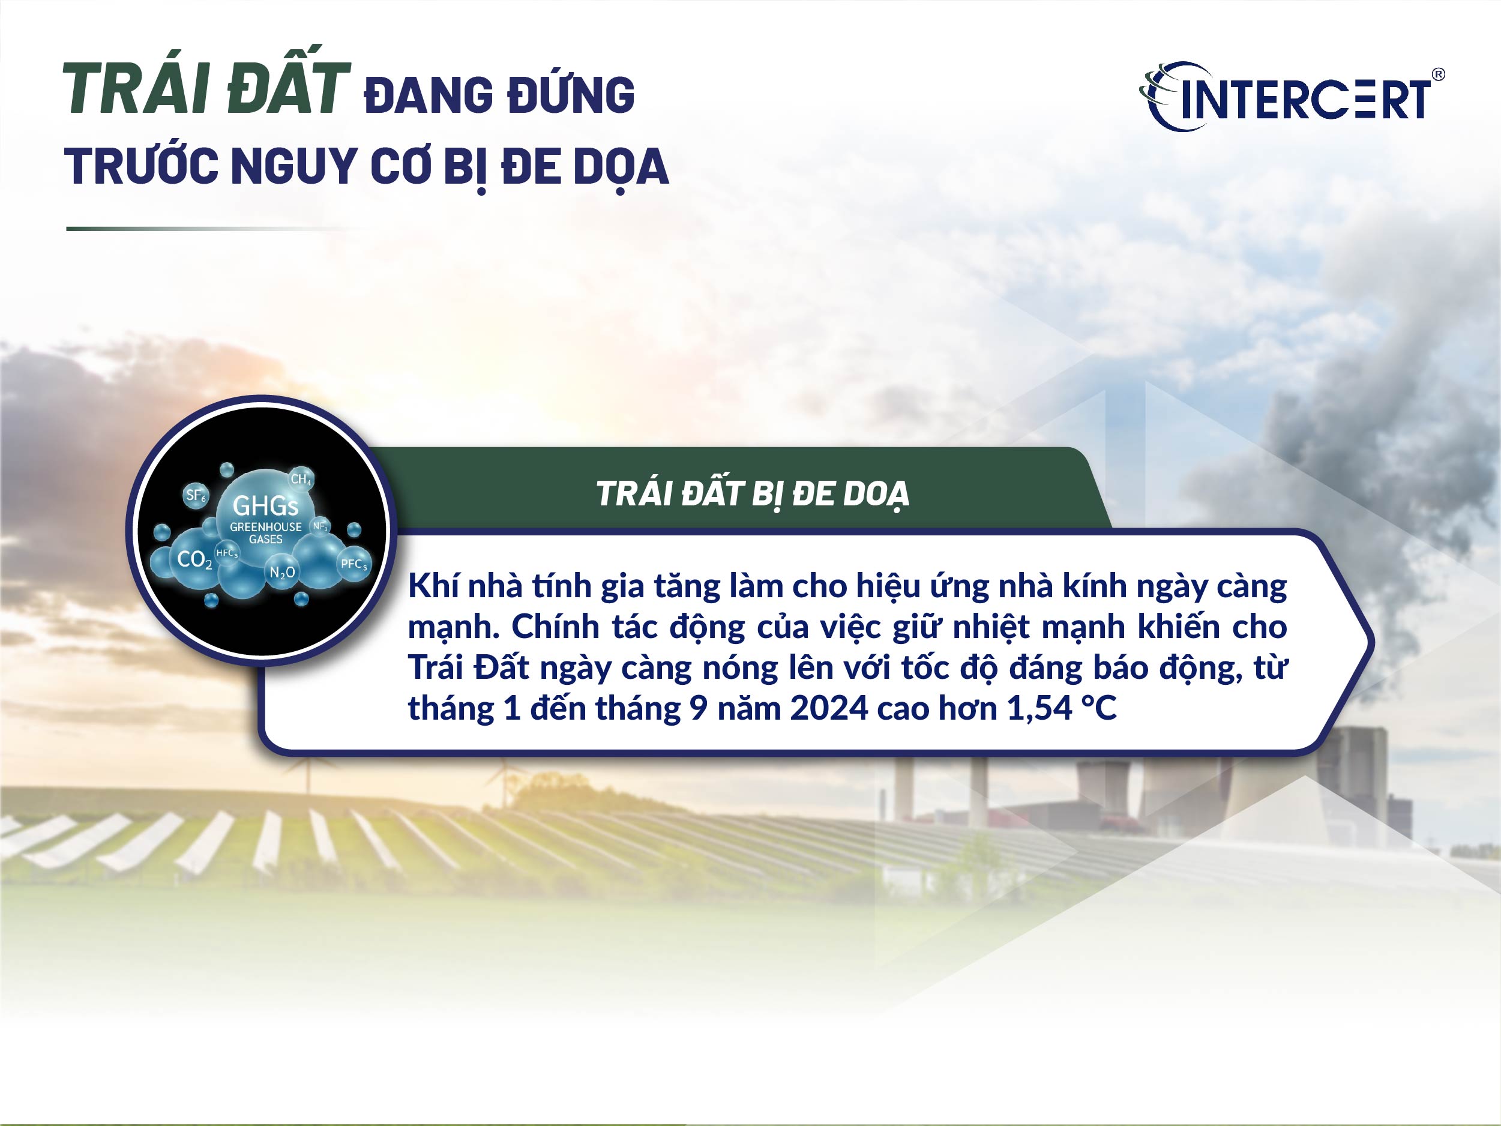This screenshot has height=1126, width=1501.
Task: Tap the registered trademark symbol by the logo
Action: [x=1438, y=74]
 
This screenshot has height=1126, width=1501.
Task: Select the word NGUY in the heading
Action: [x=293, y=167]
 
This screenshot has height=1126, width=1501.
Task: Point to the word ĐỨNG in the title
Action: [x=571, y=95]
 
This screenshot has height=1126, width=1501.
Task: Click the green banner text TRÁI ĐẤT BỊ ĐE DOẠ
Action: [x=752, y=494]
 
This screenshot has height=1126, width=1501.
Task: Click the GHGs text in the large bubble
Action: [x=265, y=505]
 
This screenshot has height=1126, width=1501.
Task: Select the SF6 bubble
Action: [x=196, y=495]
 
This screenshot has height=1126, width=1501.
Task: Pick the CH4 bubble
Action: [x=301, y=479]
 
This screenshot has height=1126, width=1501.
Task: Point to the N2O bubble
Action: [x=282, y=573]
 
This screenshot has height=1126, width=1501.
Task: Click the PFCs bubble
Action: [x=353, y=564]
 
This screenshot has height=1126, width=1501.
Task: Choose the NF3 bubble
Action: [x=320, y=526]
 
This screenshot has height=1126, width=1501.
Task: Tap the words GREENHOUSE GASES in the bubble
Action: [x=265, y=533]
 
